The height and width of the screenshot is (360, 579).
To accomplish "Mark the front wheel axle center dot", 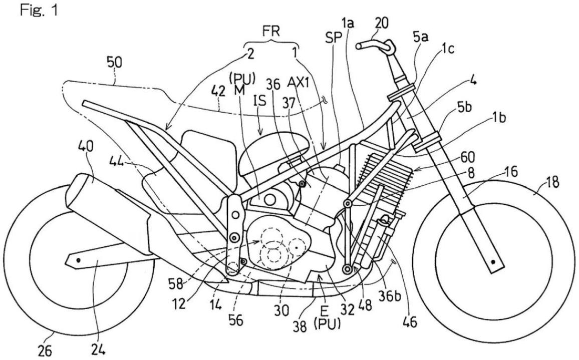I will coord(494,262).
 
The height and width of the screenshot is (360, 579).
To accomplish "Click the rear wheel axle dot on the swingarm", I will coord(78,260).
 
